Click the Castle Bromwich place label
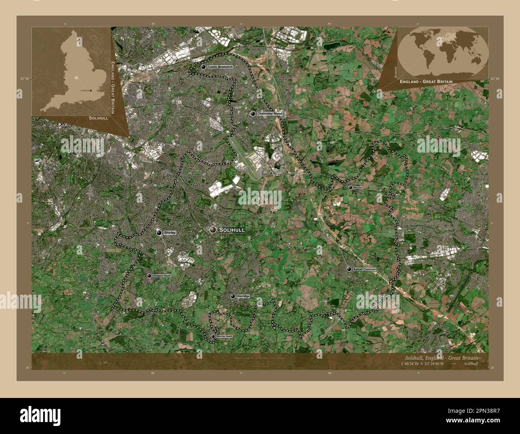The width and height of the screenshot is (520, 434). click(x=220, y=67)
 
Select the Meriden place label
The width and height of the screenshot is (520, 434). click(x=358, y=187)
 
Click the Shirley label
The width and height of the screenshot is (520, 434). click(x=170, y=233)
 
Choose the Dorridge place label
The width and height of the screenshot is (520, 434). click(x=243, y=296)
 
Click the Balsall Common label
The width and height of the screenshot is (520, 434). click(x=364, y=269)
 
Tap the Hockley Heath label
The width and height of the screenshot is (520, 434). click(x=224, y=336)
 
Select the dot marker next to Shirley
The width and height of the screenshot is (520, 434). click(x=159, y=233)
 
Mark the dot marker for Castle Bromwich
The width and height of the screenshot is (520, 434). click(x=204, y=67)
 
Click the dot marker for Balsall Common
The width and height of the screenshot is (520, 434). click(x=349, y=269)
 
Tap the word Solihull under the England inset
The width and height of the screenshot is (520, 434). click(x=98, y=119)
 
